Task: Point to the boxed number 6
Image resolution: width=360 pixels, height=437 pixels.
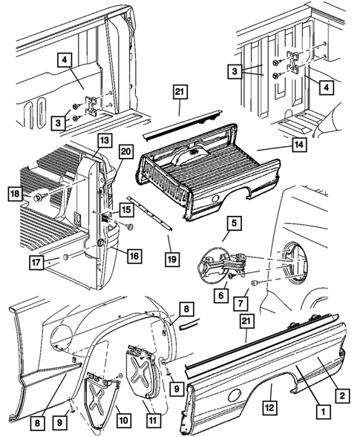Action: pyautogui.click(x=220, y=293)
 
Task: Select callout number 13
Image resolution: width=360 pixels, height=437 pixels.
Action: pyautogui.click(x=102, y=140)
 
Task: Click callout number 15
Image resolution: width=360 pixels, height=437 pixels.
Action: pyautogui.click(x=127, y=211)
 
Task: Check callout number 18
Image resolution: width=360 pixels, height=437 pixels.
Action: pyautogui.click(x=15, y=194)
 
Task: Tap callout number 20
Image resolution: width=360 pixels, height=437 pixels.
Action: pyautogui.click(x=125, y=152)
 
